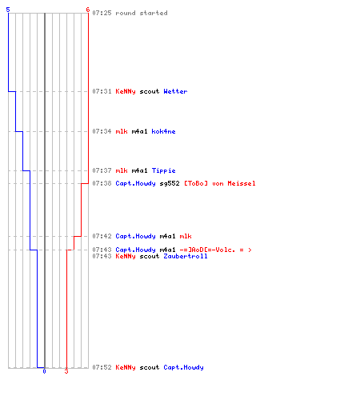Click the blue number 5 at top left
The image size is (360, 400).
(x=8, y=10)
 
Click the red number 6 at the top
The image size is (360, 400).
(x=87, y=10)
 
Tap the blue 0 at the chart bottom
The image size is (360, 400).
(x=44, y=371)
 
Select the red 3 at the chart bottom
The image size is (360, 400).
(x=66, y=371)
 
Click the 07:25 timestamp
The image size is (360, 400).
(x=102, y=13)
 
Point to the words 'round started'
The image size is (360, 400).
(x=142, y=13)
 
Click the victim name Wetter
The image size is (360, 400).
(x=175, y=91)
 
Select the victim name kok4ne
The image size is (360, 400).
(x=163, y=131)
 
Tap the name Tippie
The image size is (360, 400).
(x=163, y=170)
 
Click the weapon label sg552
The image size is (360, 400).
(x=170, y=183)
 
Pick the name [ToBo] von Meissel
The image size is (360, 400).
(x=220, y=183)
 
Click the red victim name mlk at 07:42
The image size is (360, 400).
(x=186, y=236)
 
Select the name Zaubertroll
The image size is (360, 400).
(x=186, y=256)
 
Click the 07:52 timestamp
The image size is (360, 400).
(x=102, y=367)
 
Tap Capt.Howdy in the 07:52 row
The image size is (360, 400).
(x=183, y=367)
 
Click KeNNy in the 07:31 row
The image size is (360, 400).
(x=126, y=91)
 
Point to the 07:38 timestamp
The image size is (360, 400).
(x=102, y=183)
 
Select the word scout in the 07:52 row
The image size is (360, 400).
(x=150, y=367)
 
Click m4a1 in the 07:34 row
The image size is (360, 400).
(x=139, y=131)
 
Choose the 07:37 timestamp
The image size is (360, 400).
(x=102, y=170)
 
